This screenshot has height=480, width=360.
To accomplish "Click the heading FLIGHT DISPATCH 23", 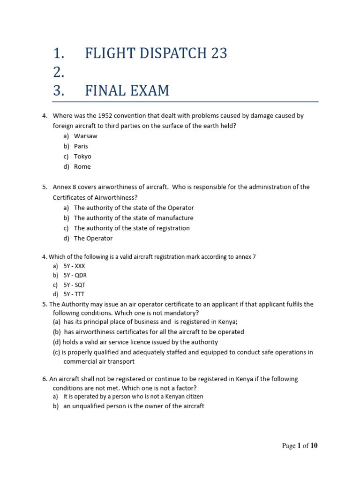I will pyautogui.click(x=156, y=54).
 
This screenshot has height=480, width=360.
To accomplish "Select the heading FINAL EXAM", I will pyautogui.click(x=127, y=90).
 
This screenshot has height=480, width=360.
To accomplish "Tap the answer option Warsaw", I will pyautogui.click(x=85, y=136).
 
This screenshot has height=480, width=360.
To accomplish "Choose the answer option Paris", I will pyautogui.click(x=81, y=146).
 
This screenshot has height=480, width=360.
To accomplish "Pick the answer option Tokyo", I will pyautogui.click(x=82, y=157).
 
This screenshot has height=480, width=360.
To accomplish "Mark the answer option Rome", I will pyautogui.click(x=82, y=167).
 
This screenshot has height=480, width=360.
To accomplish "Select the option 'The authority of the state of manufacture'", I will pyautogui.click(x=133, y=218).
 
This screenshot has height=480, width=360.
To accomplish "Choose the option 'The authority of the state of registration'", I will pyautogui.click(x=131, y=228).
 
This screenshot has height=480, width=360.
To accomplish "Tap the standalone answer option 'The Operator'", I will pyautogui.click(x=93, y=239).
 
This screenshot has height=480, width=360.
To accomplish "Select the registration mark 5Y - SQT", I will pyautogui.click(x=75, y=285).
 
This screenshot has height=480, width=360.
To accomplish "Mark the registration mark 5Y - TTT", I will pyautogui.click(x=74, y=294).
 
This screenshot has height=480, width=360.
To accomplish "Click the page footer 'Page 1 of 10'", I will pyautogui.click(x=300, y=446).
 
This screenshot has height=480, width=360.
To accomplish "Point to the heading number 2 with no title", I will pyautogui.click(x=59, y=73).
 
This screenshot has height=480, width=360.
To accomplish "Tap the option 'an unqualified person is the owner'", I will pyautogui.click(x=134, y=406).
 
